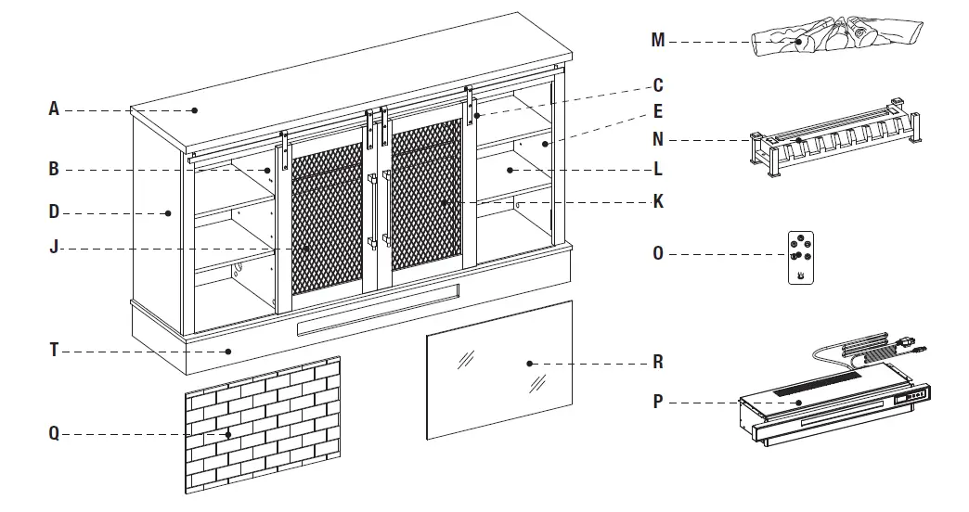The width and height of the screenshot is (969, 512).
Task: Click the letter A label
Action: (54, 109)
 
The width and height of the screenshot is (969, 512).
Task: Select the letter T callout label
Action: (54, 351)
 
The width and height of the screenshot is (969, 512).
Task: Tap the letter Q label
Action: (54, 433)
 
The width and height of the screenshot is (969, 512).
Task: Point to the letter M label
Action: (658, 40)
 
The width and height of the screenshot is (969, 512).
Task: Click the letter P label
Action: (658, 402)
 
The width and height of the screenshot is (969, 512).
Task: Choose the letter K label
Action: (658, 200)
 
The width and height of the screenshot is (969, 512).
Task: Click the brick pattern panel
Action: (263, 425)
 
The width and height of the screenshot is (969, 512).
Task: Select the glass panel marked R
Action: (499, 369)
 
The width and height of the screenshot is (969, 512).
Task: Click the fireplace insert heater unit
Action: (826, 408)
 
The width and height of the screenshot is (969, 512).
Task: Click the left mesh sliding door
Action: (327, 223)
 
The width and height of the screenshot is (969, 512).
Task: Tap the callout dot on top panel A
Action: (196, 110)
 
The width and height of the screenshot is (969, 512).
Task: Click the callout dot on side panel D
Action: (168, 212)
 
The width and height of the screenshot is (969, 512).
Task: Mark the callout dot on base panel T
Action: (229, 352)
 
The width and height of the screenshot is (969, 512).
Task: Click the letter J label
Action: (54, 248)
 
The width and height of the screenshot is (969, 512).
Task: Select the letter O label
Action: (658, 253)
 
